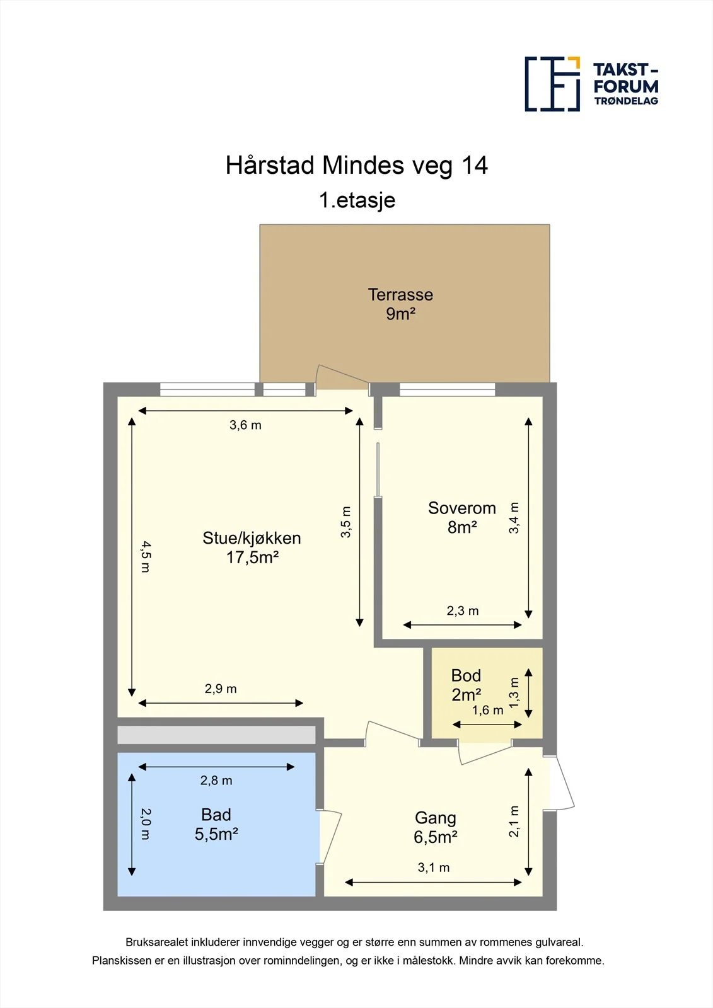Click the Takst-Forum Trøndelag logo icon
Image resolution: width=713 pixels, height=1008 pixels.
pos(552,84)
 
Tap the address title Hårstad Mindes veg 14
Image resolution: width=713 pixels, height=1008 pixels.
pos(356,166)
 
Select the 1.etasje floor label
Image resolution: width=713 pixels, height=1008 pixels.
pos(357,200)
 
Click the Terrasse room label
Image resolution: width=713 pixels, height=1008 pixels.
pos(400,295)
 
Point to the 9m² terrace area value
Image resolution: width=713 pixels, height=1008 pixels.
pos(400,314)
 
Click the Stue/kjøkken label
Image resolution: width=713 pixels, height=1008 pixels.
pos(252,538)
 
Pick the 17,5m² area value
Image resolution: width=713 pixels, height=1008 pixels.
pos(252,558)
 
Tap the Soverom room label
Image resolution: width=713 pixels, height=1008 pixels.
pos(462,508)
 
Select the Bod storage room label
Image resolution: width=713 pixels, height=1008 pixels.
pos(466,675)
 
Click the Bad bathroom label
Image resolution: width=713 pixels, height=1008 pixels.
pos(216,815)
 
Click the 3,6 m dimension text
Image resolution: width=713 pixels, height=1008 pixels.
pos(245,425)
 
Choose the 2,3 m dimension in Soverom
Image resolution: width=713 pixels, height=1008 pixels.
pos(463,611)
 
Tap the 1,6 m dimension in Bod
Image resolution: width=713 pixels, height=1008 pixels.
pos(487,711)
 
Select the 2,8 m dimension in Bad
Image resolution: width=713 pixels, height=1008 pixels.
pos(216,781)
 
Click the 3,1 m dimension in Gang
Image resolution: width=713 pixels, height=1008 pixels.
pos(433,868)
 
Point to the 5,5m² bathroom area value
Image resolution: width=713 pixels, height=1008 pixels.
pos(216,834)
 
